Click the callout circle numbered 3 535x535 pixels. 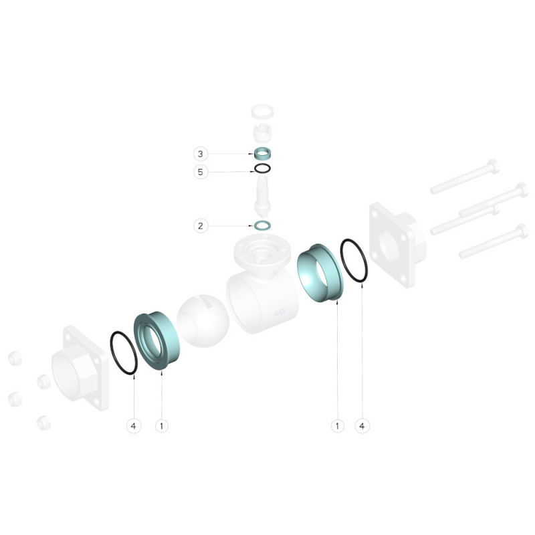point(200,154)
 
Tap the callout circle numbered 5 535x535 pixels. point(200,172)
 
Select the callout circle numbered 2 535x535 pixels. point(201,226)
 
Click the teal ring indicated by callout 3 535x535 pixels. point(262,154)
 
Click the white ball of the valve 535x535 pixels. point(203,321)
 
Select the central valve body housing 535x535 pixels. point(262,287)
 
